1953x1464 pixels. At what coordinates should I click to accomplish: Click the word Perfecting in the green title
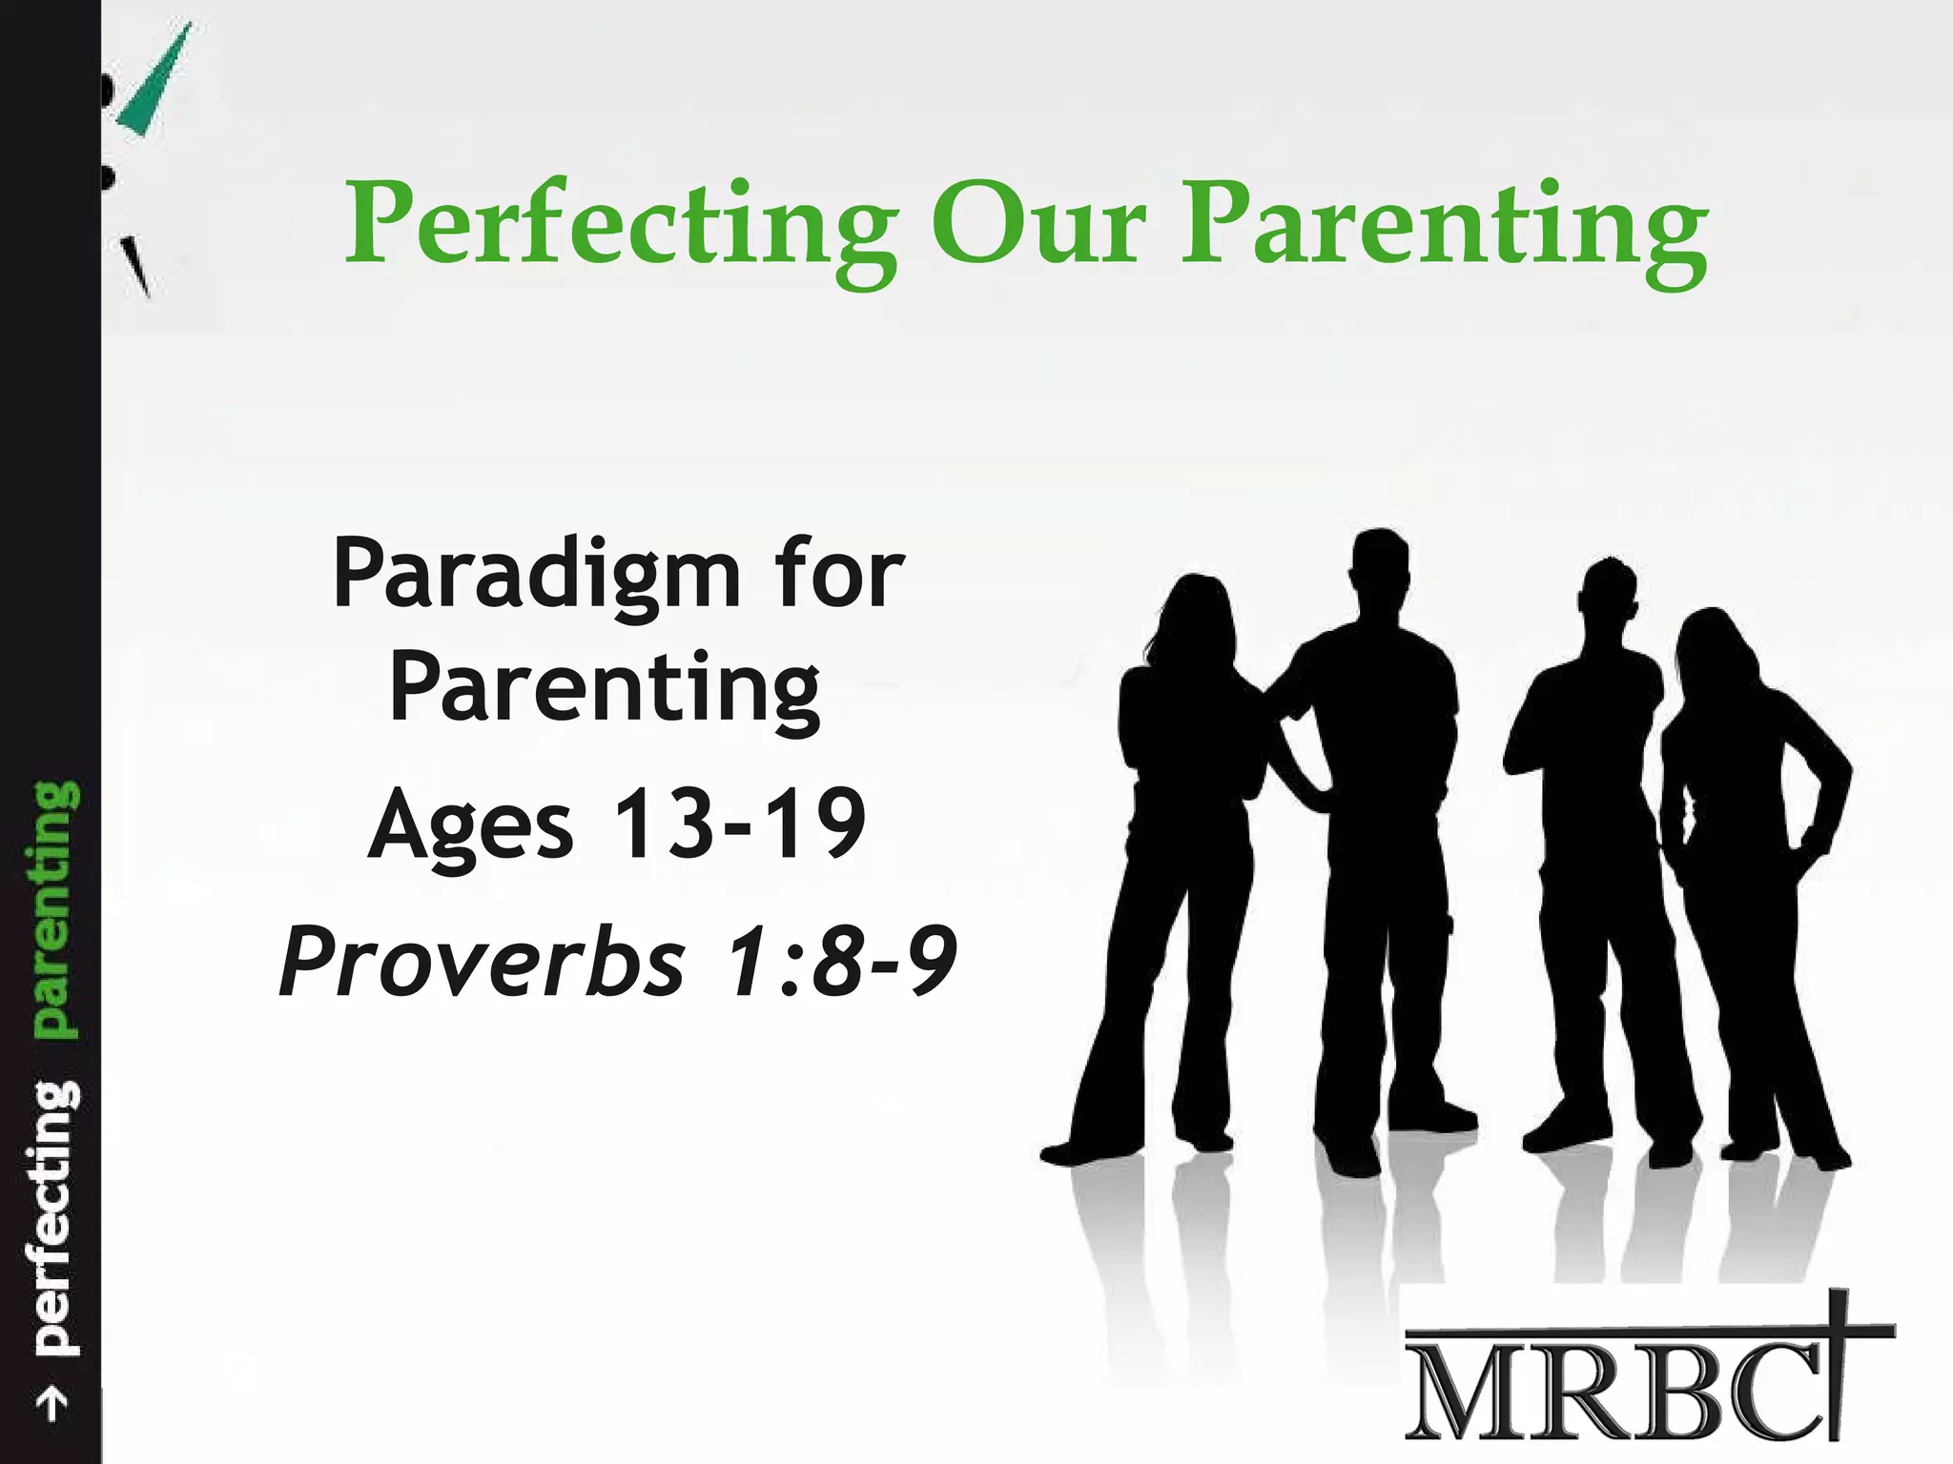coord(621,227)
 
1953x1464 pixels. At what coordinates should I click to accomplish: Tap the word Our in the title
coord(1038,225)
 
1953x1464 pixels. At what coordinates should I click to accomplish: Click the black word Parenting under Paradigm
coord(605,688)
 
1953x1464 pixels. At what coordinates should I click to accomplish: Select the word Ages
coord(470,825)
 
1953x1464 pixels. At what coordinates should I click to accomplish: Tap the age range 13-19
coord(739,822)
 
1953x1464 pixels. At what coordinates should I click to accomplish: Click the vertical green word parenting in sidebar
coord(53,908)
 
